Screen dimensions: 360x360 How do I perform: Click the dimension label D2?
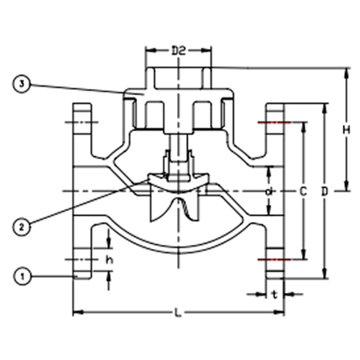(179, 52)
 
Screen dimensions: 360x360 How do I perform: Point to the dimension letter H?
(346, 130)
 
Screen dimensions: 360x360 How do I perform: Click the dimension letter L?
(178, 314)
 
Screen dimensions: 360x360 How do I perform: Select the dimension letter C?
(302, 192)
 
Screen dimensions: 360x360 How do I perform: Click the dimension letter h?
(108, 259)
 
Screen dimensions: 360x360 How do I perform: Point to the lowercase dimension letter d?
(269, 192)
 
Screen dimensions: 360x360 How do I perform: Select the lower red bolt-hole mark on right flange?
(274, 258)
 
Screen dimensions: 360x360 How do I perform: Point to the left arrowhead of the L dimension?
(77, 314)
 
